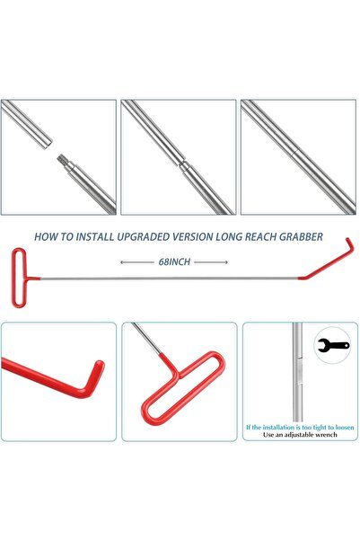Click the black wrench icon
click(x=333, y=345)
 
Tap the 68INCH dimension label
click(x=174, y=262)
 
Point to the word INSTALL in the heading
click(x=95, y=237)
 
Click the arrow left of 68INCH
click(x=137, y=262)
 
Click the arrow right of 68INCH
click(x=211, y=262)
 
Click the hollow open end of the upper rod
click(x=48, y=143)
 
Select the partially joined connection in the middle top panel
click(x=182, y=164)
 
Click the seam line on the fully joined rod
click(x=295, y=154)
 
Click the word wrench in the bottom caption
click(x=325, y=435)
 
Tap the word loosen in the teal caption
click(x=345, y=428)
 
